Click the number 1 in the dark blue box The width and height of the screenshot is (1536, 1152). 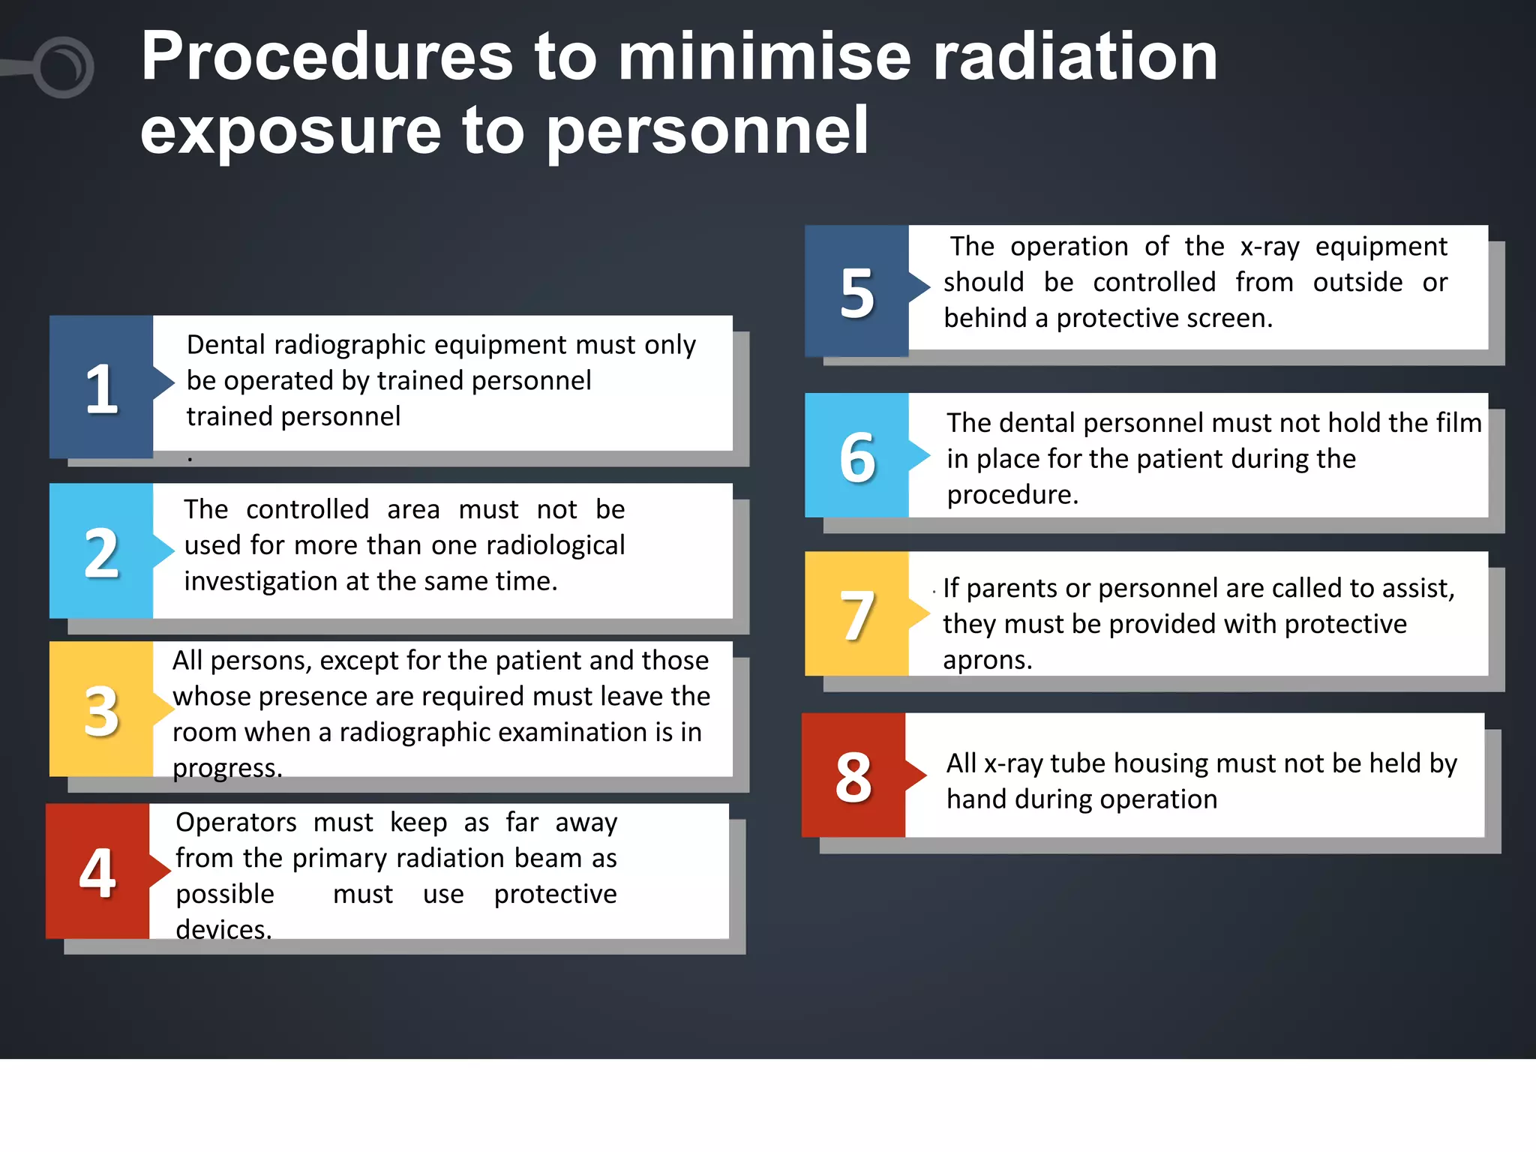coord(101,389)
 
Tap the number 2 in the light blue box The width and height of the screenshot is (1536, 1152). coord(101,553)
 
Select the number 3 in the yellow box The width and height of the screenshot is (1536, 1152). coord(101,711)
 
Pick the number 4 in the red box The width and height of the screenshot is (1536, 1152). coord(97,873)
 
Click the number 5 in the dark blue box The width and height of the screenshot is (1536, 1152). coord(857,294)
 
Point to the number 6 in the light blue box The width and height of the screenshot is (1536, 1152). coord(857,457)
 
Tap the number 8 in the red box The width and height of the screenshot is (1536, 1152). coord(853,778)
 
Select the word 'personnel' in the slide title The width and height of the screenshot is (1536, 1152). coord(707,132)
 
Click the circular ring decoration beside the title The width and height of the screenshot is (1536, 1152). coord(63,67)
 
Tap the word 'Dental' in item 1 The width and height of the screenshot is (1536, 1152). coord(226,345)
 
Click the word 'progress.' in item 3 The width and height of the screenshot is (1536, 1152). coord(227,768)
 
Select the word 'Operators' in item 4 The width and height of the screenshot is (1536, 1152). coord(236,823)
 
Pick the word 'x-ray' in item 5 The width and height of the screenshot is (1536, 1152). coord(1270,247)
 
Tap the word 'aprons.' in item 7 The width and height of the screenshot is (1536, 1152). coord(987,660)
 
